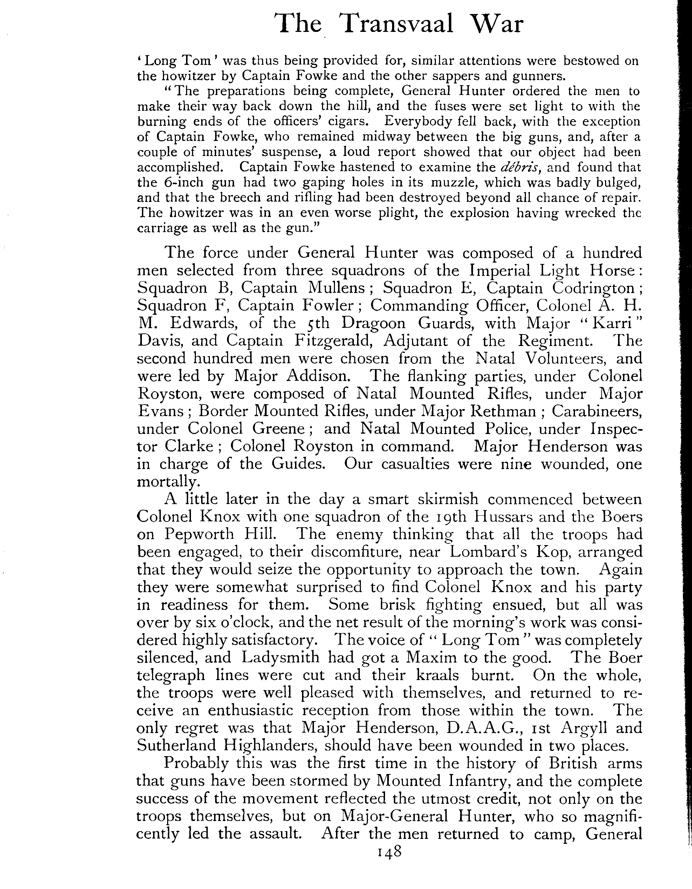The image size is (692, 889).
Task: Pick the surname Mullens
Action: click(336, 288)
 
